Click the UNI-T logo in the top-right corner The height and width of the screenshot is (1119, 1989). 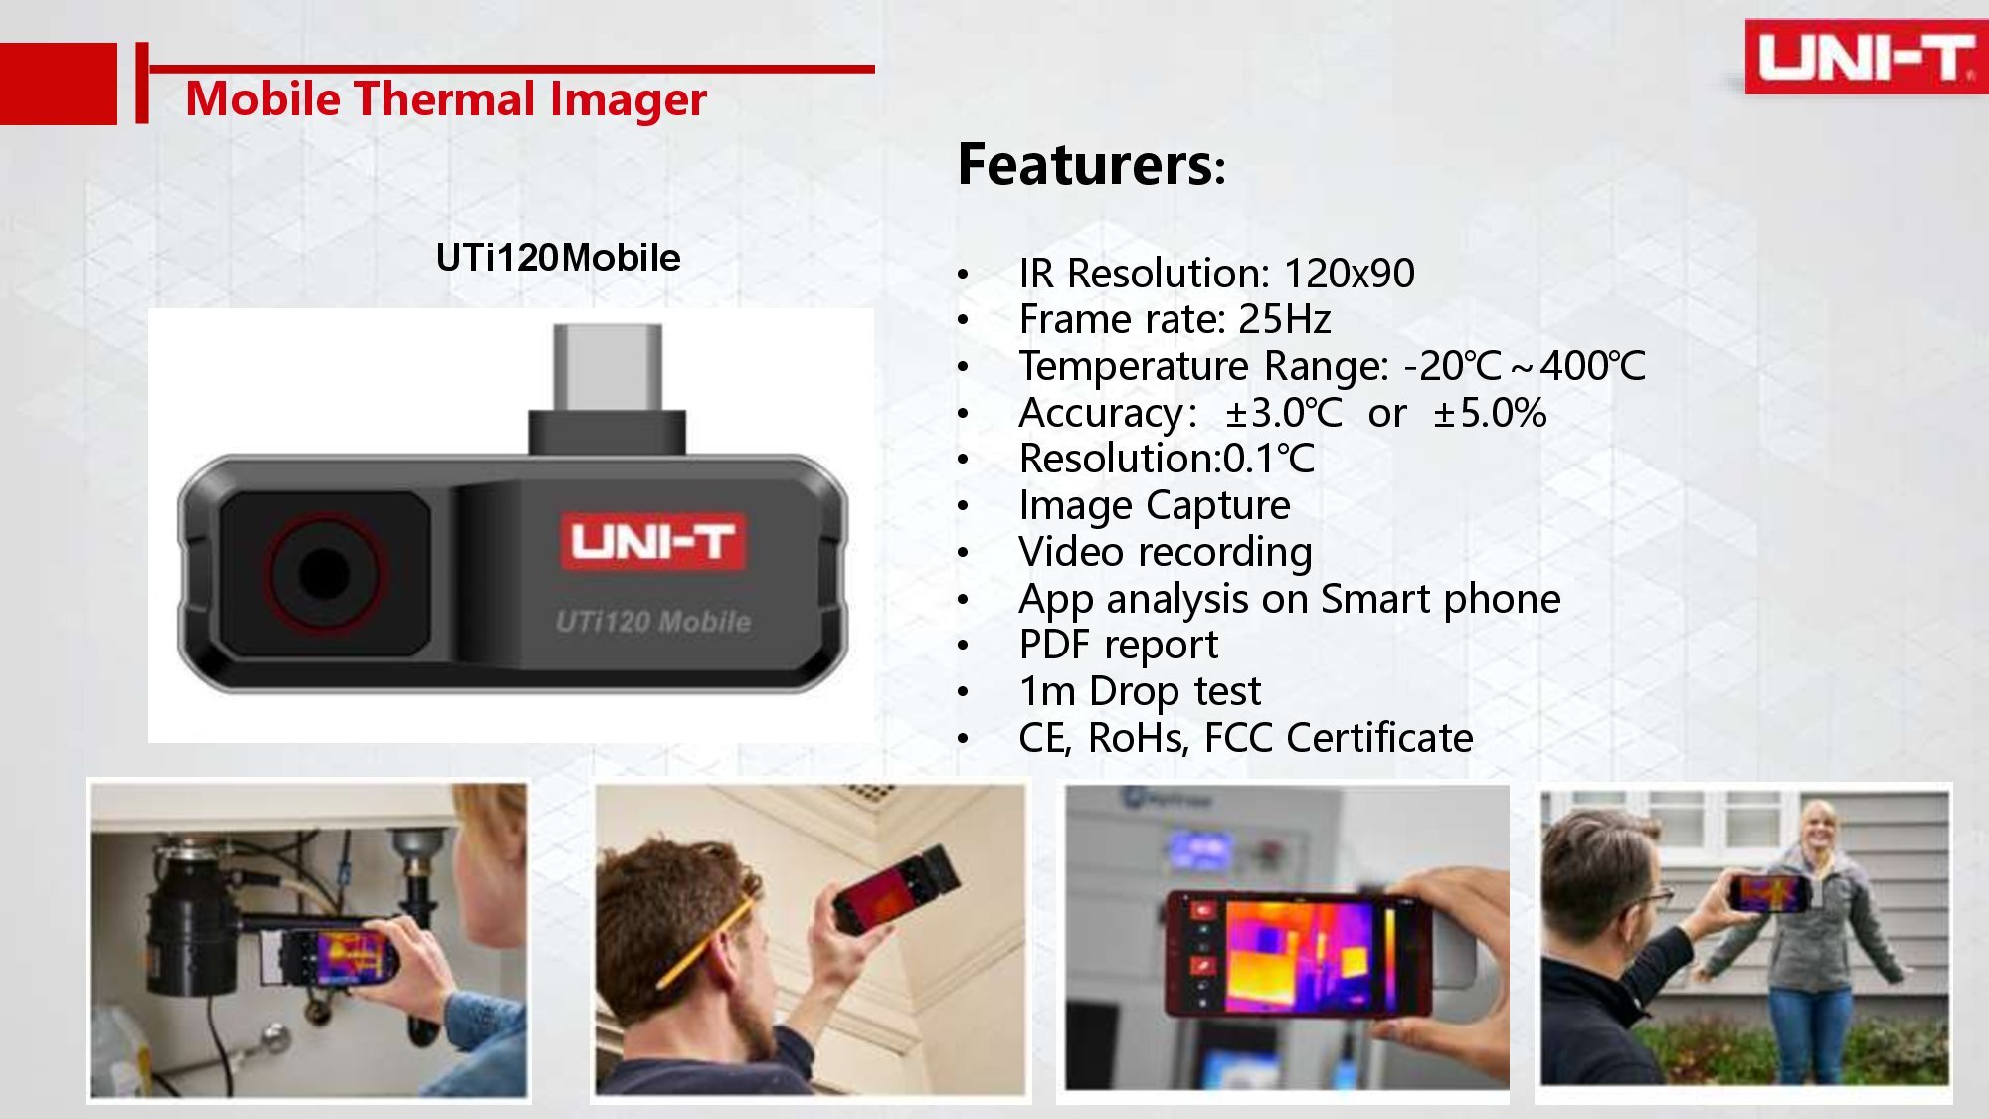tap(1866, 57)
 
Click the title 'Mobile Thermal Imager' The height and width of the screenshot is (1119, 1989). tap(446, 98)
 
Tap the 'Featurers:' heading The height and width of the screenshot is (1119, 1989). tap(1091, 164)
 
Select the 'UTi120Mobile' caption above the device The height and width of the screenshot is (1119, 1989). tap(558, 258)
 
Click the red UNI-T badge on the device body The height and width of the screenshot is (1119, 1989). tap(652, 542)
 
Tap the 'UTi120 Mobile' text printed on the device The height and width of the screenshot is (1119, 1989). tap(653, 622)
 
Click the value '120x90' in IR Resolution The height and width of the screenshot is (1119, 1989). tap(1350, 273)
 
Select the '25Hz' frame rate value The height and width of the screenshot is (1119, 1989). tap(1284, 319)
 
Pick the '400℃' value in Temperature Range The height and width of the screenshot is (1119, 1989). tap(1593, 366)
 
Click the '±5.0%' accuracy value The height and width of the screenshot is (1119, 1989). tap(1490, 413)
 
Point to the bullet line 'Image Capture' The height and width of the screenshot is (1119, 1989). tap(1155, 506)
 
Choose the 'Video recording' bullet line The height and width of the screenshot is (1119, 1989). tap(1166, 552)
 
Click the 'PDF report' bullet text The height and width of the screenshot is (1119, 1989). tap(1119, 646)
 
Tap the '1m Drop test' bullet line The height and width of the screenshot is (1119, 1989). tap(1140, 691)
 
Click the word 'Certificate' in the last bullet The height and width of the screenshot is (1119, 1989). tap(1379, 738)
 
